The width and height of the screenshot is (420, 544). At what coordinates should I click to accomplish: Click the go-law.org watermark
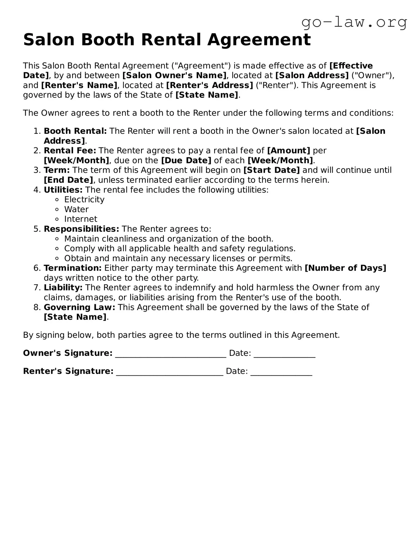pos(354,22)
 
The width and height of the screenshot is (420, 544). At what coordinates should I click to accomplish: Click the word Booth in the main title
pos(108,40)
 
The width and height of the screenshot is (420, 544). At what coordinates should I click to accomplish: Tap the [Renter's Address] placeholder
pos(210,85)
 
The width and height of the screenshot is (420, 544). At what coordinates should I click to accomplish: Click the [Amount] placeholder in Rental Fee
pos(288,151)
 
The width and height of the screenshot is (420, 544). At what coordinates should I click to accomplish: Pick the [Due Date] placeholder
pos(186,160)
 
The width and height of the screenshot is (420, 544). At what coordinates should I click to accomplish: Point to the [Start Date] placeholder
pos(271,170)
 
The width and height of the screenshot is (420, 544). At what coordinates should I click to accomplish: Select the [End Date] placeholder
pos(68,180)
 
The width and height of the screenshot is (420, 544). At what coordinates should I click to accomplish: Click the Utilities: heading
pos(63,190)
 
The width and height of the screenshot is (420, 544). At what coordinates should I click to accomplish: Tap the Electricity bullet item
pos(84,200)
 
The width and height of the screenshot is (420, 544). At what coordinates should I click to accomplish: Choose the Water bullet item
pos(76,209)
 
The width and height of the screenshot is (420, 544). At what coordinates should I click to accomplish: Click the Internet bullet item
pos(81,219)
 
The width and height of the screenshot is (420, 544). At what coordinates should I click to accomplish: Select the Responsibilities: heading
pos(81,229)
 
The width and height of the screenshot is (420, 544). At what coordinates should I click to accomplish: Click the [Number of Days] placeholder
pos(345,268)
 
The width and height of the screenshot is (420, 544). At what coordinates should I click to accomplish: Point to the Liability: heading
pos(63,288)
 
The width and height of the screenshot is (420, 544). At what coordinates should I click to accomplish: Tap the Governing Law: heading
pos(80,307)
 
